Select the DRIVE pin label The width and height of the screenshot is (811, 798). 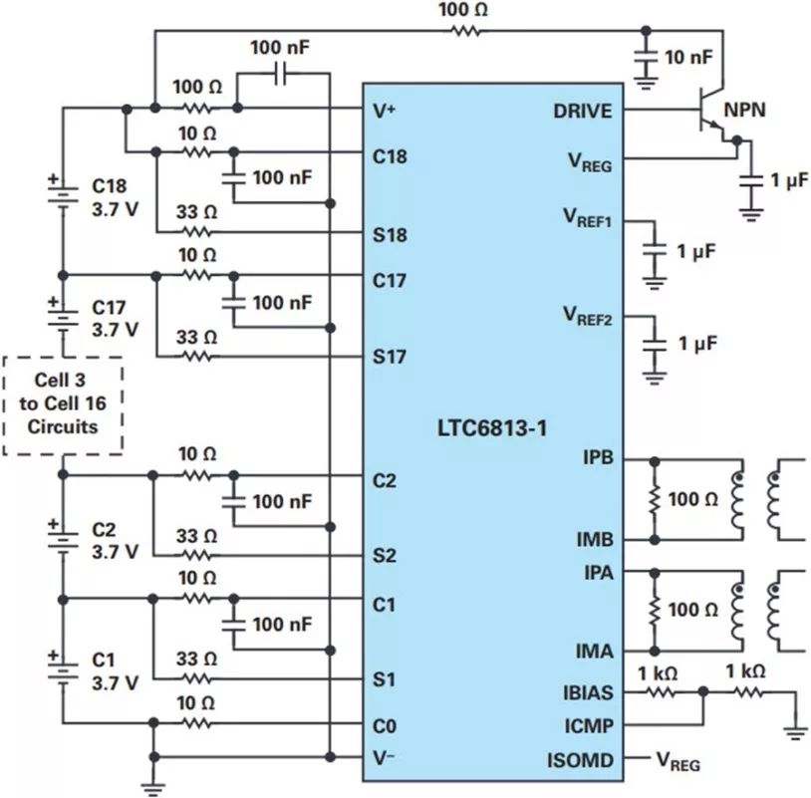coord(583,111)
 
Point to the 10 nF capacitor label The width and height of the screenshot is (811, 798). coord(688,58)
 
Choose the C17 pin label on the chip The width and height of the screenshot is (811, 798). coord(390,280)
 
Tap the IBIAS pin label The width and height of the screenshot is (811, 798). coord(583,690)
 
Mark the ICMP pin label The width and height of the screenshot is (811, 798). coord(586,725)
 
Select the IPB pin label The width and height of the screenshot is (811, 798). coord(598,459)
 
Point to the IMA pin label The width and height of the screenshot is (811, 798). coord(596,651)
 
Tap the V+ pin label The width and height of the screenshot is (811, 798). coord(384,111)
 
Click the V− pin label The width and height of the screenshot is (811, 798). coord(384,759)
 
